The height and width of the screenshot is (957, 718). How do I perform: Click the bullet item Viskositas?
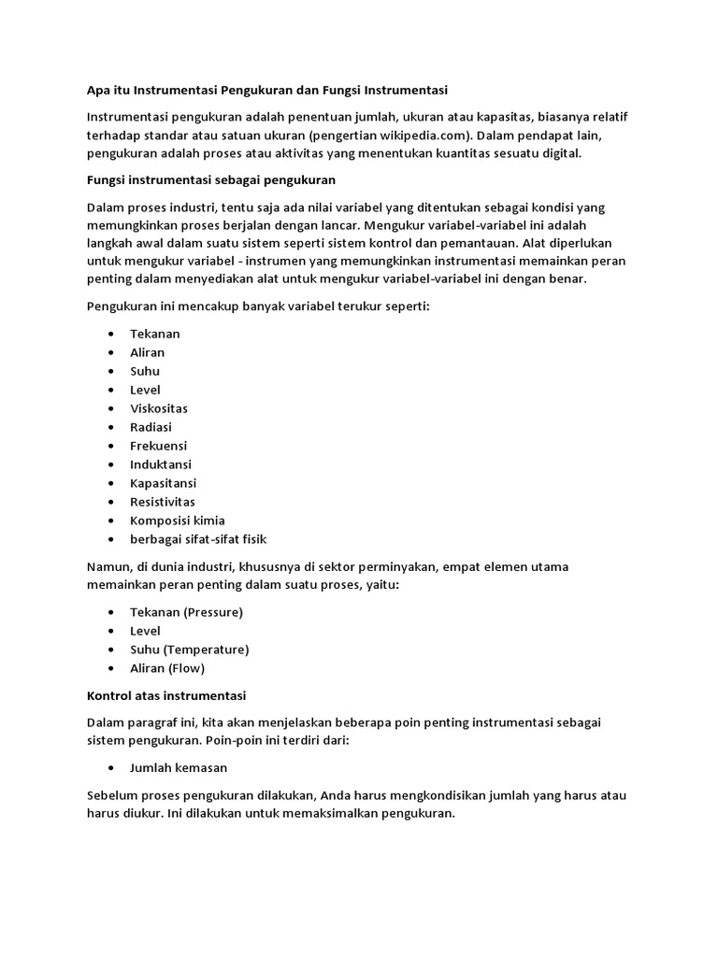pyautogui.click(x=159, y=408)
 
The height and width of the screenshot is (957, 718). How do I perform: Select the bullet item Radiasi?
pyautogui.click(x=151, y=427)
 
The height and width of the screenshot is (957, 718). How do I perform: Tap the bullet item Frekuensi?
pyautogui.click(x=159, y=446)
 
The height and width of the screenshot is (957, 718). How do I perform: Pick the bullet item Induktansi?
pyautogui.click(x=161, y=464)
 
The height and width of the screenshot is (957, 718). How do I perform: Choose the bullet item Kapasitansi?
pyautogui.click(x=164, y=483)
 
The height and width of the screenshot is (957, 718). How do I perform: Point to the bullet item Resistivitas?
pyautogui.click(x=164, y=502)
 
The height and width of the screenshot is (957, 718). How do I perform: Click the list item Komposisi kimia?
pyautogui.click(x=178, y=521)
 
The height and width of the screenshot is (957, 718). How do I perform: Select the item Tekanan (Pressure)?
pyautogui.click(x=187, y=612)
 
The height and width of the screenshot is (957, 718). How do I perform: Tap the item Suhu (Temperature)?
pyautogui.click(x=190, y=650)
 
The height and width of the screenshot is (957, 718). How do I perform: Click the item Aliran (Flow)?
pyautogui.click(x=167, y=668)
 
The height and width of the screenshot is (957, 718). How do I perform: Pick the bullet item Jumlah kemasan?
pyautogui.click(x=179, y=767)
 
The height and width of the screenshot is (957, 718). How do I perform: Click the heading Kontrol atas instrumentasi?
pyautogui.click(x=166, y=696)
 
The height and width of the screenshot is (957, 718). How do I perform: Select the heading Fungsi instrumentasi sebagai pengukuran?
pyautogui.click(x=211, y=178)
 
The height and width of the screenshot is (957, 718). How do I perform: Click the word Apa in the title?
pyautogui.click(x=98, y=91)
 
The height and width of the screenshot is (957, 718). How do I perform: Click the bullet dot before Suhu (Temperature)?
pyautogui.click(x=112, y=650)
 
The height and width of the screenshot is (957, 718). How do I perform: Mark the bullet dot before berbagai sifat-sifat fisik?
pyautogui.click(x=112, y=539)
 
